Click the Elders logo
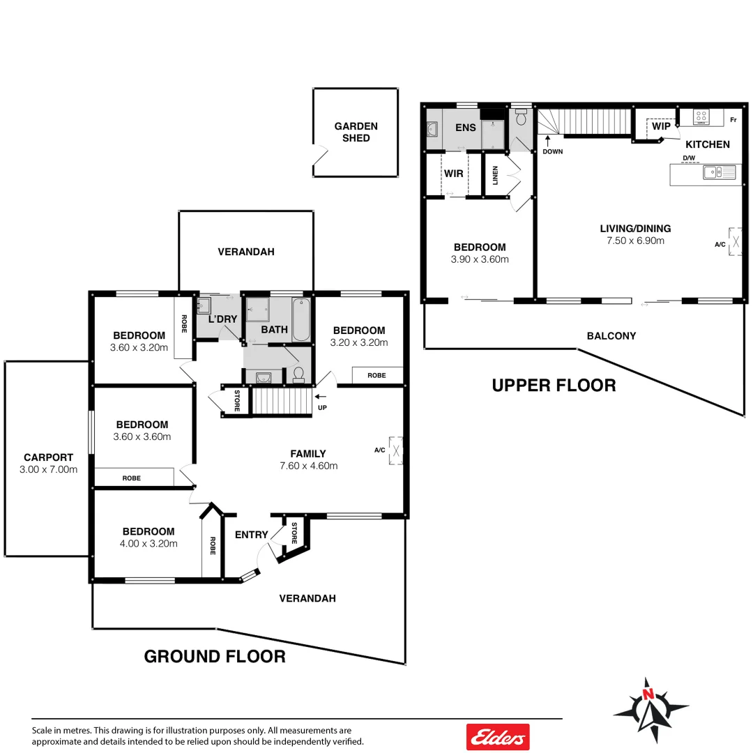pyautogui.click(x=498, y=736)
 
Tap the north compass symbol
pyautogui.click(x=650, y=710)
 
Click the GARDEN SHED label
pyautogui.click(x=356, y=132)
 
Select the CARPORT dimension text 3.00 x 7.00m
pyautogui.click(x=47, y=469)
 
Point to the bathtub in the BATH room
pyautogui.click(x=301, y=319)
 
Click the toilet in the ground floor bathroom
pyautogui.click(x=298, y=375)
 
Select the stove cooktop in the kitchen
pyautogui.click(x=701, y=117)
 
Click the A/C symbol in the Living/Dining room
pyautogui.click(x=735, y=241)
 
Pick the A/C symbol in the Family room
pyautogui.click(x=396, y=450)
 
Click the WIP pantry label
pyautogui.click(x=662, y=126)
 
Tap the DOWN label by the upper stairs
pyautogui.click(x=553, y=151)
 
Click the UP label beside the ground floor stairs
pyautogui.click(x=321, y=408)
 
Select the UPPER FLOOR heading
pyautogui.click(x=554, y=385)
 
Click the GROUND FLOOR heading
pyautogui.click(x=214, y=656)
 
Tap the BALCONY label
pyautogui.click(x=611, y=335)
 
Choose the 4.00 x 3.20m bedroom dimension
pyautogui.click(x=149, y=544)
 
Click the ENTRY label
pyautogui.click(x=251, y=535)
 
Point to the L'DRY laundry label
pyautogui.click(x=223, y=319)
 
